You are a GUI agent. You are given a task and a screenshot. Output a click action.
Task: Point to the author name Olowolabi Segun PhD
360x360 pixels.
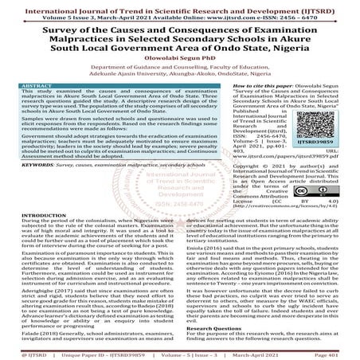coord(180,69)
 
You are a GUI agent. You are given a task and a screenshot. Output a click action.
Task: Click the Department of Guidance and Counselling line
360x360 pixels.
coord(180,81)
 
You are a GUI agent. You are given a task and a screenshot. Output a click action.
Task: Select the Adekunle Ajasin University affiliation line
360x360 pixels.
coord(180,89)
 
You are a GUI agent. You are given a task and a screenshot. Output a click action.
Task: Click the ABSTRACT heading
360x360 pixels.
coord(41,106)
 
